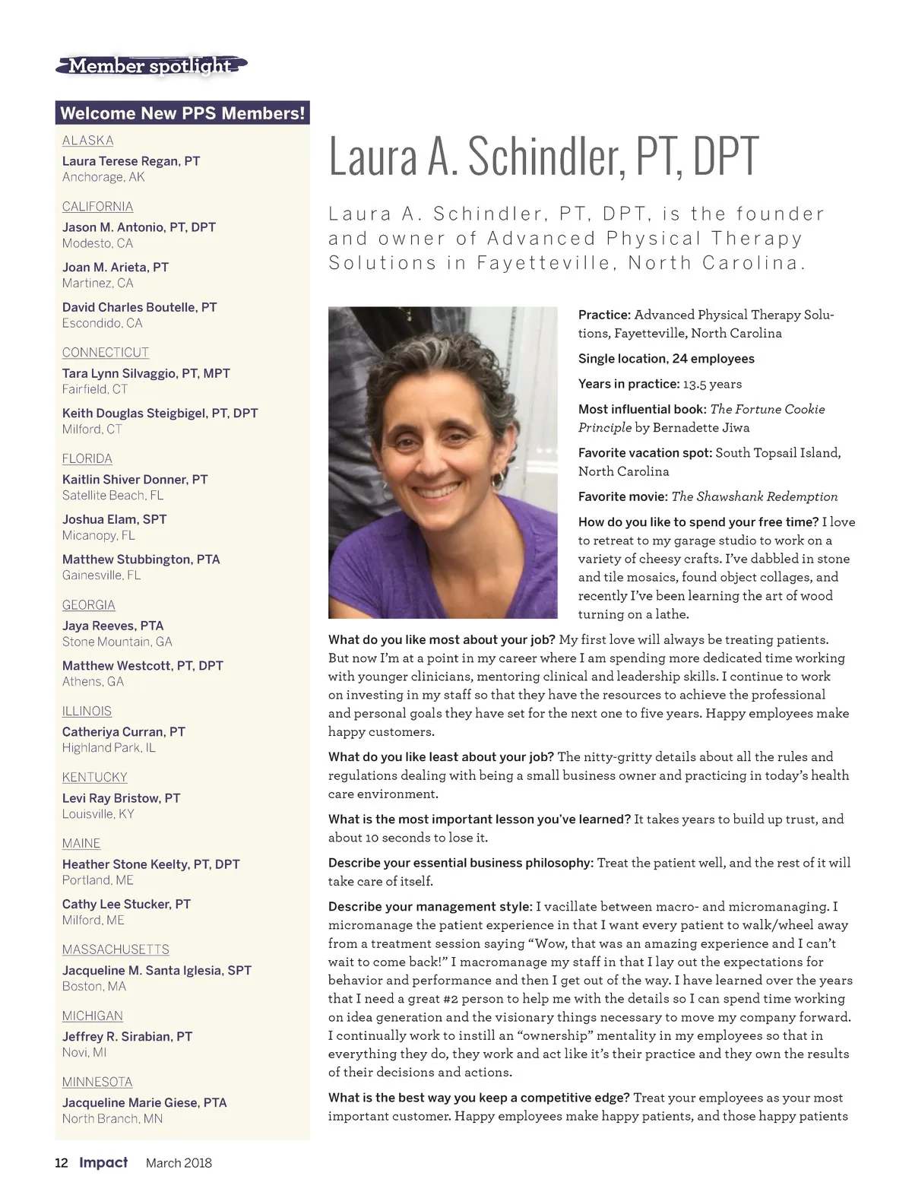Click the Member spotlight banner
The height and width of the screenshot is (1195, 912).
[x=150, y=67]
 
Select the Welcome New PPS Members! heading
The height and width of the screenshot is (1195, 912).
[x=182, y=113]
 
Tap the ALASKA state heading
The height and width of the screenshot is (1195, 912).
[x=87, y=141]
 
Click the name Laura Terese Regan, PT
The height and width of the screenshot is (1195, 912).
[x=131, y=161]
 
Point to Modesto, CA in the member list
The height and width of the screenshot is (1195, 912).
[x=97, y=243]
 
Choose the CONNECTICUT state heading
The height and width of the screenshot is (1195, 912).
[x=106, y=353]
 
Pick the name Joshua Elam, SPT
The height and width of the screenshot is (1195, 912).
[x=114, y=519]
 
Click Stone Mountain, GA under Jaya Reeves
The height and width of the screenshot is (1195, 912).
[x=117, y=642]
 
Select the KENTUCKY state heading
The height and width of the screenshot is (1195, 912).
[x=94, y=777]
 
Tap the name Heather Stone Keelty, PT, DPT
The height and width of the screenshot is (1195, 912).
[x=150, y=864]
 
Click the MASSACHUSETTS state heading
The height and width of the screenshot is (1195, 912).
[x=116, y=949]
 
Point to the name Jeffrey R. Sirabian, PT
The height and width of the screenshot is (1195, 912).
[x=127, y=1036]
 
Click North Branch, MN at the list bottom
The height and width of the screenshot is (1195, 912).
[x=112, y=1118]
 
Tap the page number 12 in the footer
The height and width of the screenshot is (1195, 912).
[x=62, y=1163]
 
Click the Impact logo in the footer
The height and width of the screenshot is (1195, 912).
[x=103, y=1162]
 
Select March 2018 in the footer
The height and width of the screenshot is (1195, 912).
[x=179, y=1163]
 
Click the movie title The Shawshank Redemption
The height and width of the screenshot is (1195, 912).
[x=755, y=496]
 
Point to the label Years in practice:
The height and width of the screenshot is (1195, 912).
[x=629, y=384]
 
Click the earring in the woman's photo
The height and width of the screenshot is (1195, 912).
[x=498, y=480]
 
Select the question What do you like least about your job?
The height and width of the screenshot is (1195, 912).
[x=441, y=757]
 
